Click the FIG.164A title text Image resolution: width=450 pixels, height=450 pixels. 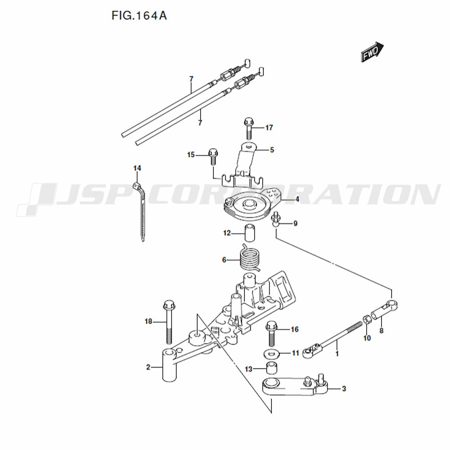click(x=139, y=16)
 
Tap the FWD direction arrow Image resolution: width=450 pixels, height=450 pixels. click(x=372, y=52)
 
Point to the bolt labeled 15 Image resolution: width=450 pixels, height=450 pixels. click(x=213, y=156)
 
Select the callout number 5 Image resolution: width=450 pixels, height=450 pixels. click(x=272, y=149)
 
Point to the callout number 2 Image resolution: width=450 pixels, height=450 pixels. click(x=148, y=367)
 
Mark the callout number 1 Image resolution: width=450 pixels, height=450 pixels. click(x=337, y=354)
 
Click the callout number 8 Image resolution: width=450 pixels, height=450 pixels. click(x=381, y=331)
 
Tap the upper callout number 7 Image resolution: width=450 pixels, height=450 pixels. click(x=191, y=79)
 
